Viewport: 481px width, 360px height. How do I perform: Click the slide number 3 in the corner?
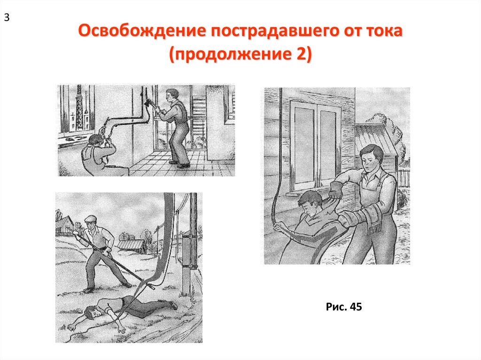(x=7, y=18)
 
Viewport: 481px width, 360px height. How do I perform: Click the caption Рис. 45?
(x=344, y=306)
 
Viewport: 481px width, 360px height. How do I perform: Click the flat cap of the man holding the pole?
(x=91, y=218)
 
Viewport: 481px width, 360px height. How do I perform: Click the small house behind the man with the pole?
(x=64, y=226)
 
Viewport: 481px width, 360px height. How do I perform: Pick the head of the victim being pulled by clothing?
(x=310, y=202)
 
